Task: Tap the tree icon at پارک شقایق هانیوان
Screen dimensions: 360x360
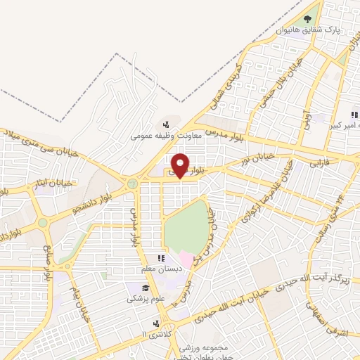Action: tap(307, 19)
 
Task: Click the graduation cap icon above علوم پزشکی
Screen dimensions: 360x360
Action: tap(146, 288)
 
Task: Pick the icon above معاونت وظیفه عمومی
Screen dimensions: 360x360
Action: tap(165, 124)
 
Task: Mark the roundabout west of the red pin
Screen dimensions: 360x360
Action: tap(131, 184)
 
